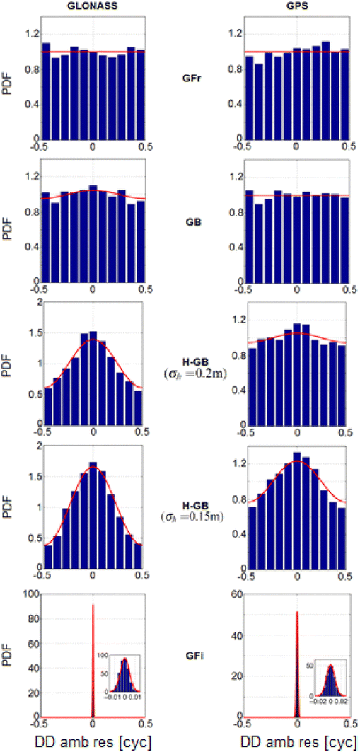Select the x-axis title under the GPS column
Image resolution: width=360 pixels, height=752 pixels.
pos(297,742)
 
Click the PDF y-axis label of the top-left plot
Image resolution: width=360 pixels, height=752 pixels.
pos(9,73)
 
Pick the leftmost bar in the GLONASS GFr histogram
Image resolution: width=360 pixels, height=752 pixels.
pos(46,96)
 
